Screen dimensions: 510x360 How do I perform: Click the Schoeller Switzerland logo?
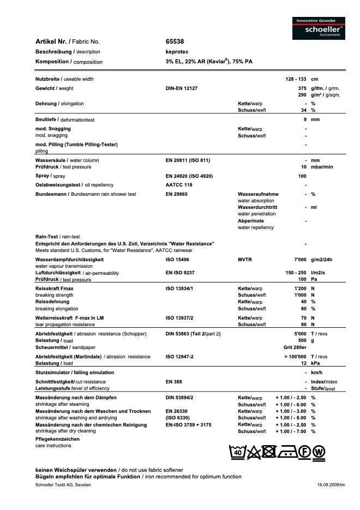[319, 28]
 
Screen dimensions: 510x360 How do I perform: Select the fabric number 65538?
[175, 41]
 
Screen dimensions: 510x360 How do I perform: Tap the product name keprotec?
[177, 51]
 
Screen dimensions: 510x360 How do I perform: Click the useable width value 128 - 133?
[296, 79]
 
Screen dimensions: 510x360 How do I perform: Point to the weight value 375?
[302, 88]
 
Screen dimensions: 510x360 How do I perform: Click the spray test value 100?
[302, 176]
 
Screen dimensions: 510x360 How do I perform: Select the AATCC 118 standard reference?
[179, 185]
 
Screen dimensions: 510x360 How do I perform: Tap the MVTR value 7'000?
[300, 259]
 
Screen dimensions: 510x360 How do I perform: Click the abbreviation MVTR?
[245, 259]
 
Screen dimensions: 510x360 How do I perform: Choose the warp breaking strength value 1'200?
[300, 288]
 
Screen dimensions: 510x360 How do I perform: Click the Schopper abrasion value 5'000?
[300, 333]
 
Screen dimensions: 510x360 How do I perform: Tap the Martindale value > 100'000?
[295, 357]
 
